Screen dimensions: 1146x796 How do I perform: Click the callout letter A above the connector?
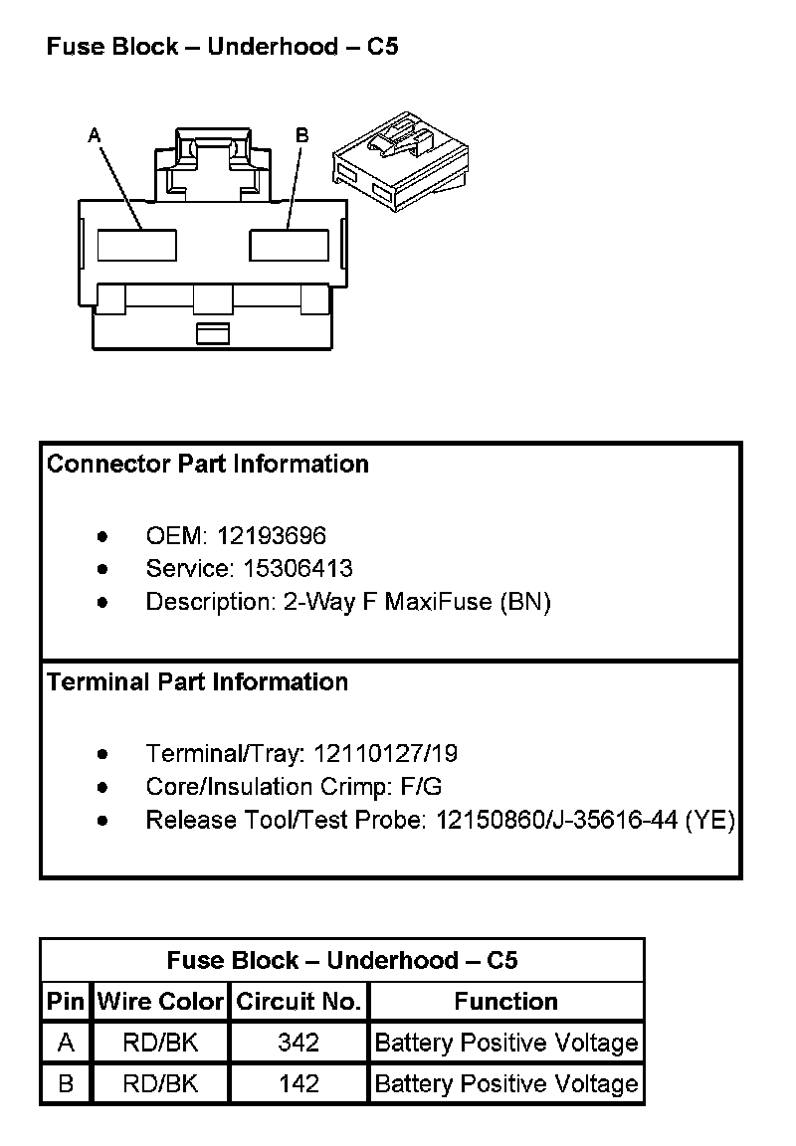tap(96, 134)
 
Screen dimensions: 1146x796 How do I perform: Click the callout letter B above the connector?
tap(302, 134)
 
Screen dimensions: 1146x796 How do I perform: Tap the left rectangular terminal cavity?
tap(137, 245)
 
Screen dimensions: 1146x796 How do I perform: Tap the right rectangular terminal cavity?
tap(289, 245)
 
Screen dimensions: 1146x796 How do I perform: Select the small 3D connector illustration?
tap(400, 161)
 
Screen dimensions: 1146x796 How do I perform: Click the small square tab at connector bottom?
tap(212, 333)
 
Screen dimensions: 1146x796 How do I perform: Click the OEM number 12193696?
tap(272, 536)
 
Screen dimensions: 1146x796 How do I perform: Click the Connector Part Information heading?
tap(208, 465)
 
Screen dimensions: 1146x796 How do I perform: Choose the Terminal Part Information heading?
tap(198, 682)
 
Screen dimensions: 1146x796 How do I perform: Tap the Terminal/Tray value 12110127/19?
tap(385, 754)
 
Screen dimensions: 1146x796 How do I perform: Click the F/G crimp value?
tap(421, 787)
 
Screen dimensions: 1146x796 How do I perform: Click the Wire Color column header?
tap(160, 1002)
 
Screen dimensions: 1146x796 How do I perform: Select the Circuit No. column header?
tap(298, 1002)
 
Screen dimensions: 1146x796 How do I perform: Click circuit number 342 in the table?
tap(298, 1043)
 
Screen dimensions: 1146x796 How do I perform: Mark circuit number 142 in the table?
tap(298, 1083)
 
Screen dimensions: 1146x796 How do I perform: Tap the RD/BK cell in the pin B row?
tap(160, 1083)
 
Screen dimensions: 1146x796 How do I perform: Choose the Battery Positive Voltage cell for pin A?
tap(505, 1043)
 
